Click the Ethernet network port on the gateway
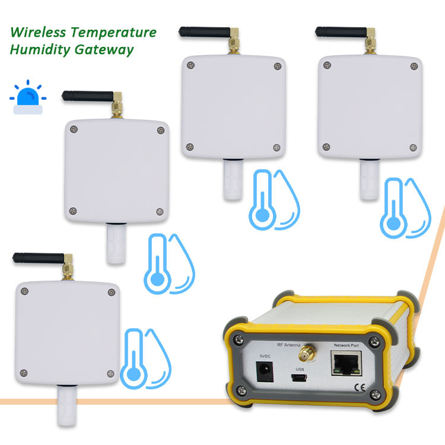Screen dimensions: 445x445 pos(346,363)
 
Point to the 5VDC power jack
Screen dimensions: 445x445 pos(265,371)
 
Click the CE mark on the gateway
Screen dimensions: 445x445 pos(360,389)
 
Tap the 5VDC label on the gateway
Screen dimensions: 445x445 pos(265,356)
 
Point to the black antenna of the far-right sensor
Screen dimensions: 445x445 pos(338,31)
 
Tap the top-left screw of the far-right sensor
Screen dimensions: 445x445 pos(325,62)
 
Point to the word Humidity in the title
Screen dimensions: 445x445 pos(35,49)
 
